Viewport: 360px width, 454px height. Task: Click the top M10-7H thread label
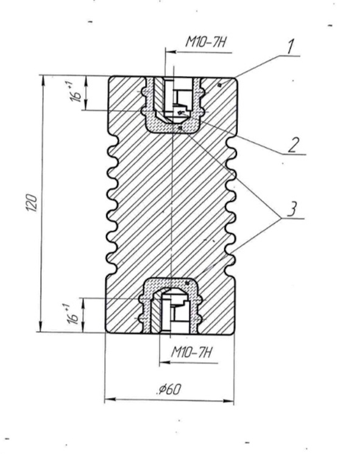coord(205,43)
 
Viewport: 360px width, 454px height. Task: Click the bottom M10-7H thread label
coord(191,352)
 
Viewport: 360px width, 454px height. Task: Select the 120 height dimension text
coord(32,203)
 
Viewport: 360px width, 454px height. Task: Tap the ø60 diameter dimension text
coord(169,389)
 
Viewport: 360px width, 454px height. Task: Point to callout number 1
coord(290,46)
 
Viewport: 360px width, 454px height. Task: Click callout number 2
coord(294,145)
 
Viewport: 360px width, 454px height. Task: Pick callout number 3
coord(292,209)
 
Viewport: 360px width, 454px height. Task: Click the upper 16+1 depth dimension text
coord(74,92)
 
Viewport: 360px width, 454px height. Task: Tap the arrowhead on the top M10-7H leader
coord(171,52)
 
